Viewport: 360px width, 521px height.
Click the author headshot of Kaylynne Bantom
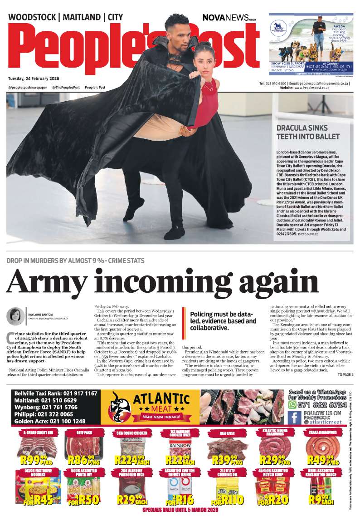pyautogui.click(x=15, y=317)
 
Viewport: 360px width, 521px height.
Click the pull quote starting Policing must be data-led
pyautogui.click(x=223, y=321)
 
